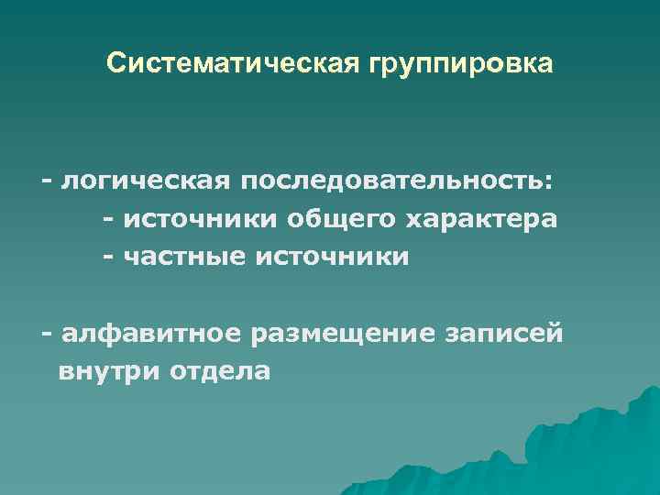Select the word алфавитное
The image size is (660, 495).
[149, 331]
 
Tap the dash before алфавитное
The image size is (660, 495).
[46, 332]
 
